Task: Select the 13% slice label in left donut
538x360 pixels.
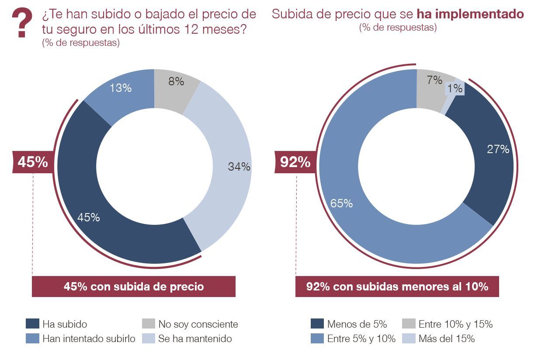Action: (121, 88)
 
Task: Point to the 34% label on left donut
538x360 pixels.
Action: (239, 167)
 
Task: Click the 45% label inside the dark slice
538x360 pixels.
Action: (89, 217)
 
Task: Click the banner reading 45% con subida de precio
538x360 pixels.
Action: (134, 287)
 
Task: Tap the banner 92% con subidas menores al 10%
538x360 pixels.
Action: (397, 287)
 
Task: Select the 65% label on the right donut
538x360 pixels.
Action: (342, 203)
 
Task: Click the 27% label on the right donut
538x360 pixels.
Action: (498, 149)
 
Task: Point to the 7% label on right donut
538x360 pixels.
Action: (435, 80)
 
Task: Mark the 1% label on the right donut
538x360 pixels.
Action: (455, 88)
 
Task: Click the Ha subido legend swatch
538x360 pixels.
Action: (33, 324)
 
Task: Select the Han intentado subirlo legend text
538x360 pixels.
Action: (89, 339)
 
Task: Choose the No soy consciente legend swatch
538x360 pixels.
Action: (149, 324)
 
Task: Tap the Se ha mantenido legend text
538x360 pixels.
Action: (195, 339)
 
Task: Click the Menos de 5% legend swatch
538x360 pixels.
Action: (317, 324)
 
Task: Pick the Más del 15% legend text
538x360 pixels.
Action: (446, 339)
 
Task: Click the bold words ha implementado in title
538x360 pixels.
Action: (470, 14)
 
